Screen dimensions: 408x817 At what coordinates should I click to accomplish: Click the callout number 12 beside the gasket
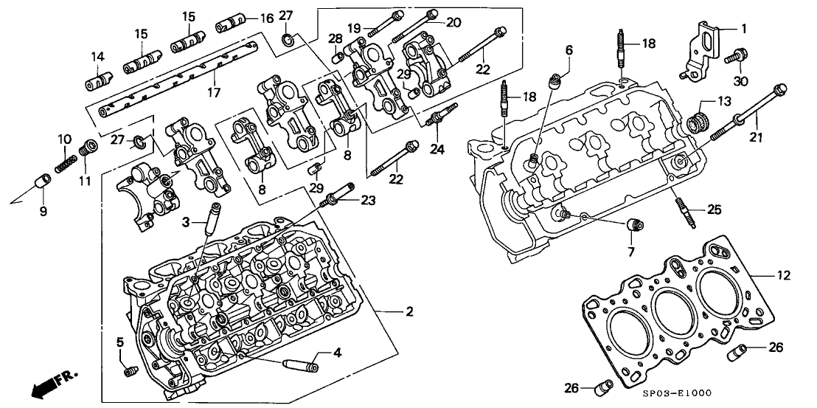(782, 275)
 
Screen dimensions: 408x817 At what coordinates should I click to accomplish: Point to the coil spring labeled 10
(67, 153)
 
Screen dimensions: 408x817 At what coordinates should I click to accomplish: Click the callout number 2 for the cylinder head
(409, 312)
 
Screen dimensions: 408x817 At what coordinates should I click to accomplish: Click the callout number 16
(265, 18)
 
